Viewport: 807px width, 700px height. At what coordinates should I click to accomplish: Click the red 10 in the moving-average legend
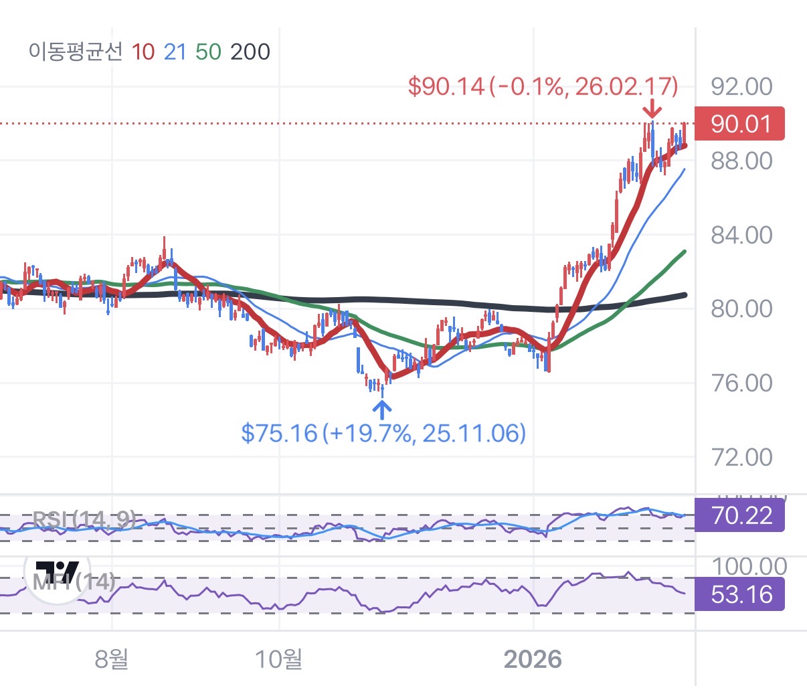(x=143, y=52)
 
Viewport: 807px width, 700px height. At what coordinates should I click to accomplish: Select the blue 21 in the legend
(x=175, y=52)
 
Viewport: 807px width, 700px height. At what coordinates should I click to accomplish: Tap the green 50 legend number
(x=208, y=52)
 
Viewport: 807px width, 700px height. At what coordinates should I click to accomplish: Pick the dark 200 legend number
(x=250, y=52)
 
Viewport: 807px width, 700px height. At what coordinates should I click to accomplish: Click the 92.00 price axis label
(x=741, y=86)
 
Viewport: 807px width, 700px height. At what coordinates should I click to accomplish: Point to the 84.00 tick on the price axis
(x=741, y=235)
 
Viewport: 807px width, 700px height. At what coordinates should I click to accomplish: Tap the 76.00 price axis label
(x=741, y=383)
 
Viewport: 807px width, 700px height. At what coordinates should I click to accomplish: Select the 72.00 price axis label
(x=741, y=458)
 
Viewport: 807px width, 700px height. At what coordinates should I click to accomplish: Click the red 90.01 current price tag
(x=739, y=124)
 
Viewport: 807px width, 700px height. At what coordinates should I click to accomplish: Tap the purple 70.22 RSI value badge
(x=739, y=515)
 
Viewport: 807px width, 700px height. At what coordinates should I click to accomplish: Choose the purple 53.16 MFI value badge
(x=739, y=594)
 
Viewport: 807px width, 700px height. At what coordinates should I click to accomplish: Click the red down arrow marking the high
(x=652, y=109)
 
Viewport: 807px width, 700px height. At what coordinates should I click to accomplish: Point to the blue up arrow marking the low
(x=382, y=409)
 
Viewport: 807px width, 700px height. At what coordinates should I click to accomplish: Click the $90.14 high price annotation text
(x=543, y=86)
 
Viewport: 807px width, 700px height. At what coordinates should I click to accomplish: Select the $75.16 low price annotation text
(x=383, y=433)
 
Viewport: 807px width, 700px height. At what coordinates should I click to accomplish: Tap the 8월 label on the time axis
(x=112, y=659)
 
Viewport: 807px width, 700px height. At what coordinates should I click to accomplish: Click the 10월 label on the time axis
(x=278, y=659)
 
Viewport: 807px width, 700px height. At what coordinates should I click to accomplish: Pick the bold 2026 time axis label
(x=533, y=659)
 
